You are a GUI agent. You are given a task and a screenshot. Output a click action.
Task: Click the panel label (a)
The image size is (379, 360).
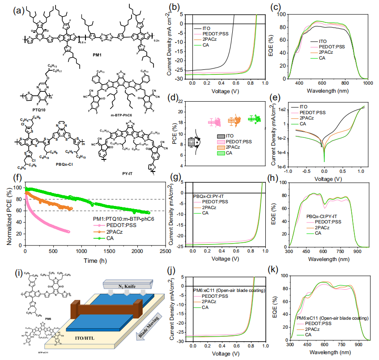click(x=8, y=8)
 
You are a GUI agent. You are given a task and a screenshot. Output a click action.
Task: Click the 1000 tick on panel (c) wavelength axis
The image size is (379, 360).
click(x=367, y=83)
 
